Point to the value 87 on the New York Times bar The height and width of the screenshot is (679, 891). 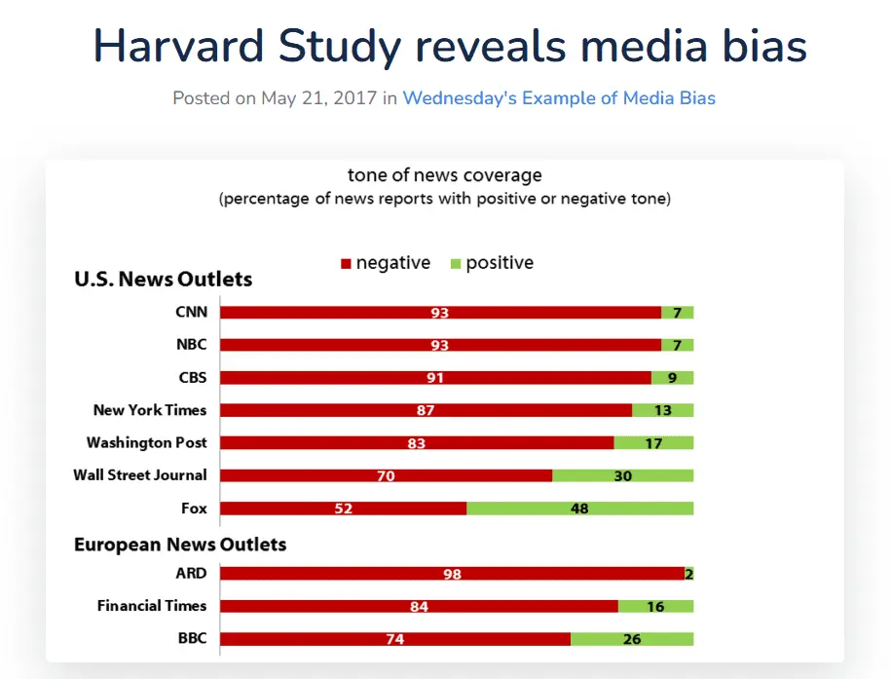[x=426, y=410]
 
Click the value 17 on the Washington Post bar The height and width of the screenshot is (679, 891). [x=654, y=443]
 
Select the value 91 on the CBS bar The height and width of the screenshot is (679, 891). [x=435, y=378]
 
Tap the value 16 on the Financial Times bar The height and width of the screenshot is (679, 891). [x=655, y=607]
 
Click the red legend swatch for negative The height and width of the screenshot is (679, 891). [x=345, y=264]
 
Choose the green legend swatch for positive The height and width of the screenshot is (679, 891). [x=454, y=264]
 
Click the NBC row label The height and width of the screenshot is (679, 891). [x=191, y=345]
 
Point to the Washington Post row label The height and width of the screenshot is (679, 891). [x=147, y=442]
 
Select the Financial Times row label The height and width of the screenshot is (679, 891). [x=152, y=606]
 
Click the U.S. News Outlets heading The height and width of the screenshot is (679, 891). [x=163, y=280]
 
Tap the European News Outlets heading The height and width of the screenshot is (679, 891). [x=180, y=544]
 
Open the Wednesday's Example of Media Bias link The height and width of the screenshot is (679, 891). [x=559, y=98]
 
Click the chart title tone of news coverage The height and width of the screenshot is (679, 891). [x=445, y=175]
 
